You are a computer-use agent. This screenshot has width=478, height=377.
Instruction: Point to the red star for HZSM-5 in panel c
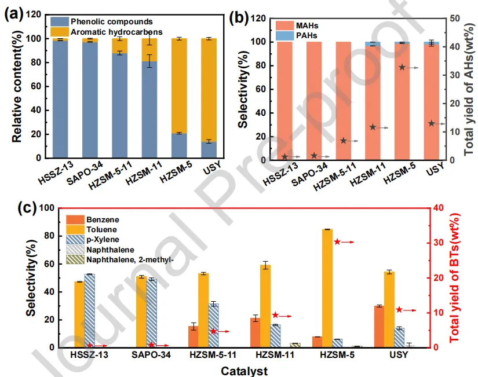pos(337,241)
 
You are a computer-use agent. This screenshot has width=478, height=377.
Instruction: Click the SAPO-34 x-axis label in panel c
pos(150,355)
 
